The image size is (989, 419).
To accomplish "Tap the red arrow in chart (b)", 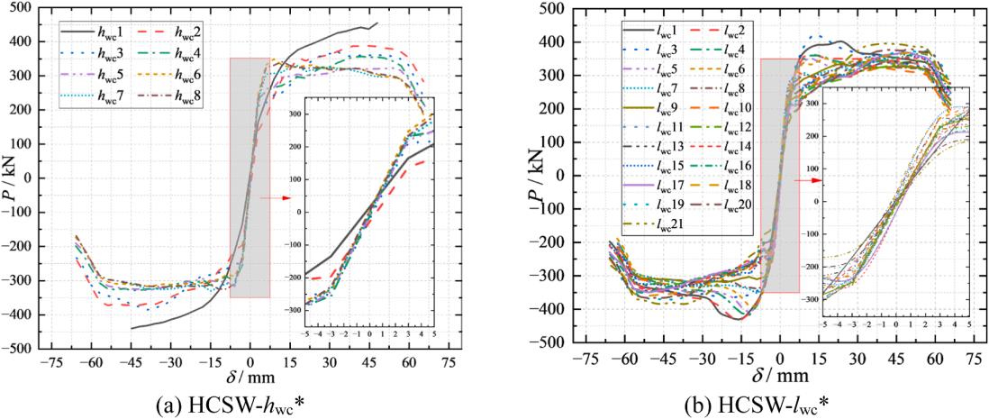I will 810,180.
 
